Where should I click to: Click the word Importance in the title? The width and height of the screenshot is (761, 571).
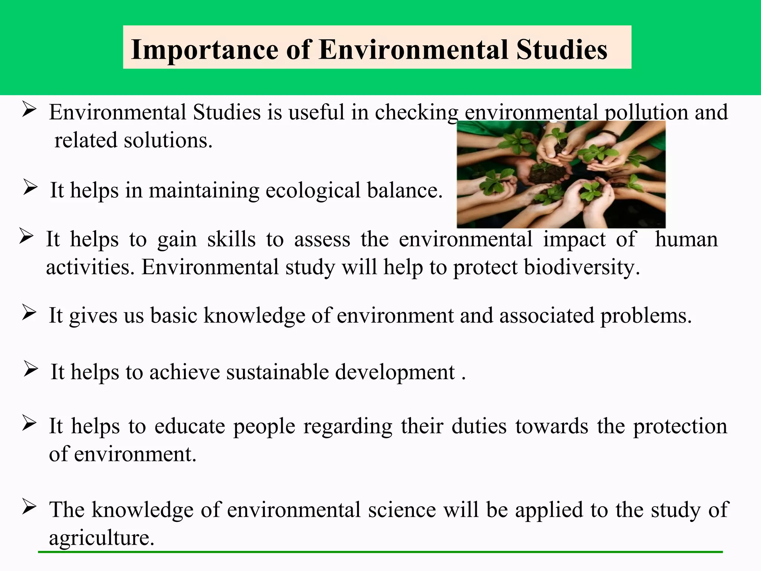(x=205, y=50)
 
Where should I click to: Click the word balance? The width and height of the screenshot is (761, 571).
(x=405, y=190)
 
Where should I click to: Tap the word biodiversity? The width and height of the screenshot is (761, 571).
(x=582, y=267)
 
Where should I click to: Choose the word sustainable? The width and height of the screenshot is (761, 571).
(x=277, y=372)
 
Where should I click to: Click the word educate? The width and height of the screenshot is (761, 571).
(x=190, y=426)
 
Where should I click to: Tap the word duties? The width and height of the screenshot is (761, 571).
(x=479, y=426)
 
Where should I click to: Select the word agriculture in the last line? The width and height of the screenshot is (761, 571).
(x=101, y=538)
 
